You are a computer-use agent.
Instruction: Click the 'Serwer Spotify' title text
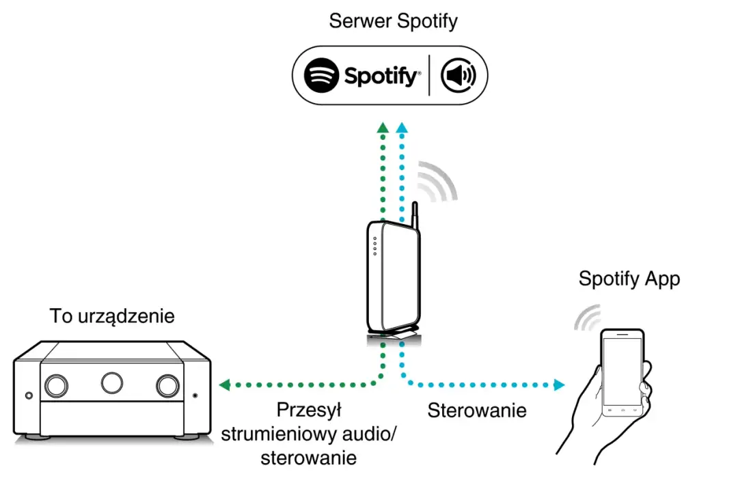(393, 21)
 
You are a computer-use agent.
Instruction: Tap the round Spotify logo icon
(322, 75)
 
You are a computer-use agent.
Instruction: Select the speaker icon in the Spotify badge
(459, 75)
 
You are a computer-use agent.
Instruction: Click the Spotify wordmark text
(381, 77)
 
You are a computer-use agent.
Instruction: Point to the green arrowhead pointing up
(383, 127)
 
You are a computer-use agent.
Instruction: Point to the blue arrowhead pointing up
(402, 127)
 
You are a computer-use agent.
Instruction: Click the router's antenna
(413, 214)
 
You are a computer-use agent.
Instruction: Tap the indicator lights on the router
(374, 247)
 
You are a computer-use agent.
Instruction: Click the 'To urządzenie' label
(112, 316)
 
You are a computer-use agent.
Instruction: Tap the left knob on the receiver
(56, 386)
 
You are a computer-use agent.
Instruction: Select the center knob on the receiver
(112, 383)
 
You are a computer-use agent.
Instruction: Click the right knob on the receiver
(167, 386)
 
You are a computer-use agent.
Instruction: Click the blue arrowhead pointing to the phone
(559, 385)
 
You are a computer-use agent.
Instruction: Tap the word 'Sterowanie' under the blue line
(477, 411)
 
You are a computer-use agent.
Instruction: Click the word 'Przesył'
(309, 411)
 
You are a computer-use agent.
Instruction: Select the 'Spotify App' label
(629, 279)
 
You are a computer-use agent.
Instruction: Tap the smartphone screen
(621, 373)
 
